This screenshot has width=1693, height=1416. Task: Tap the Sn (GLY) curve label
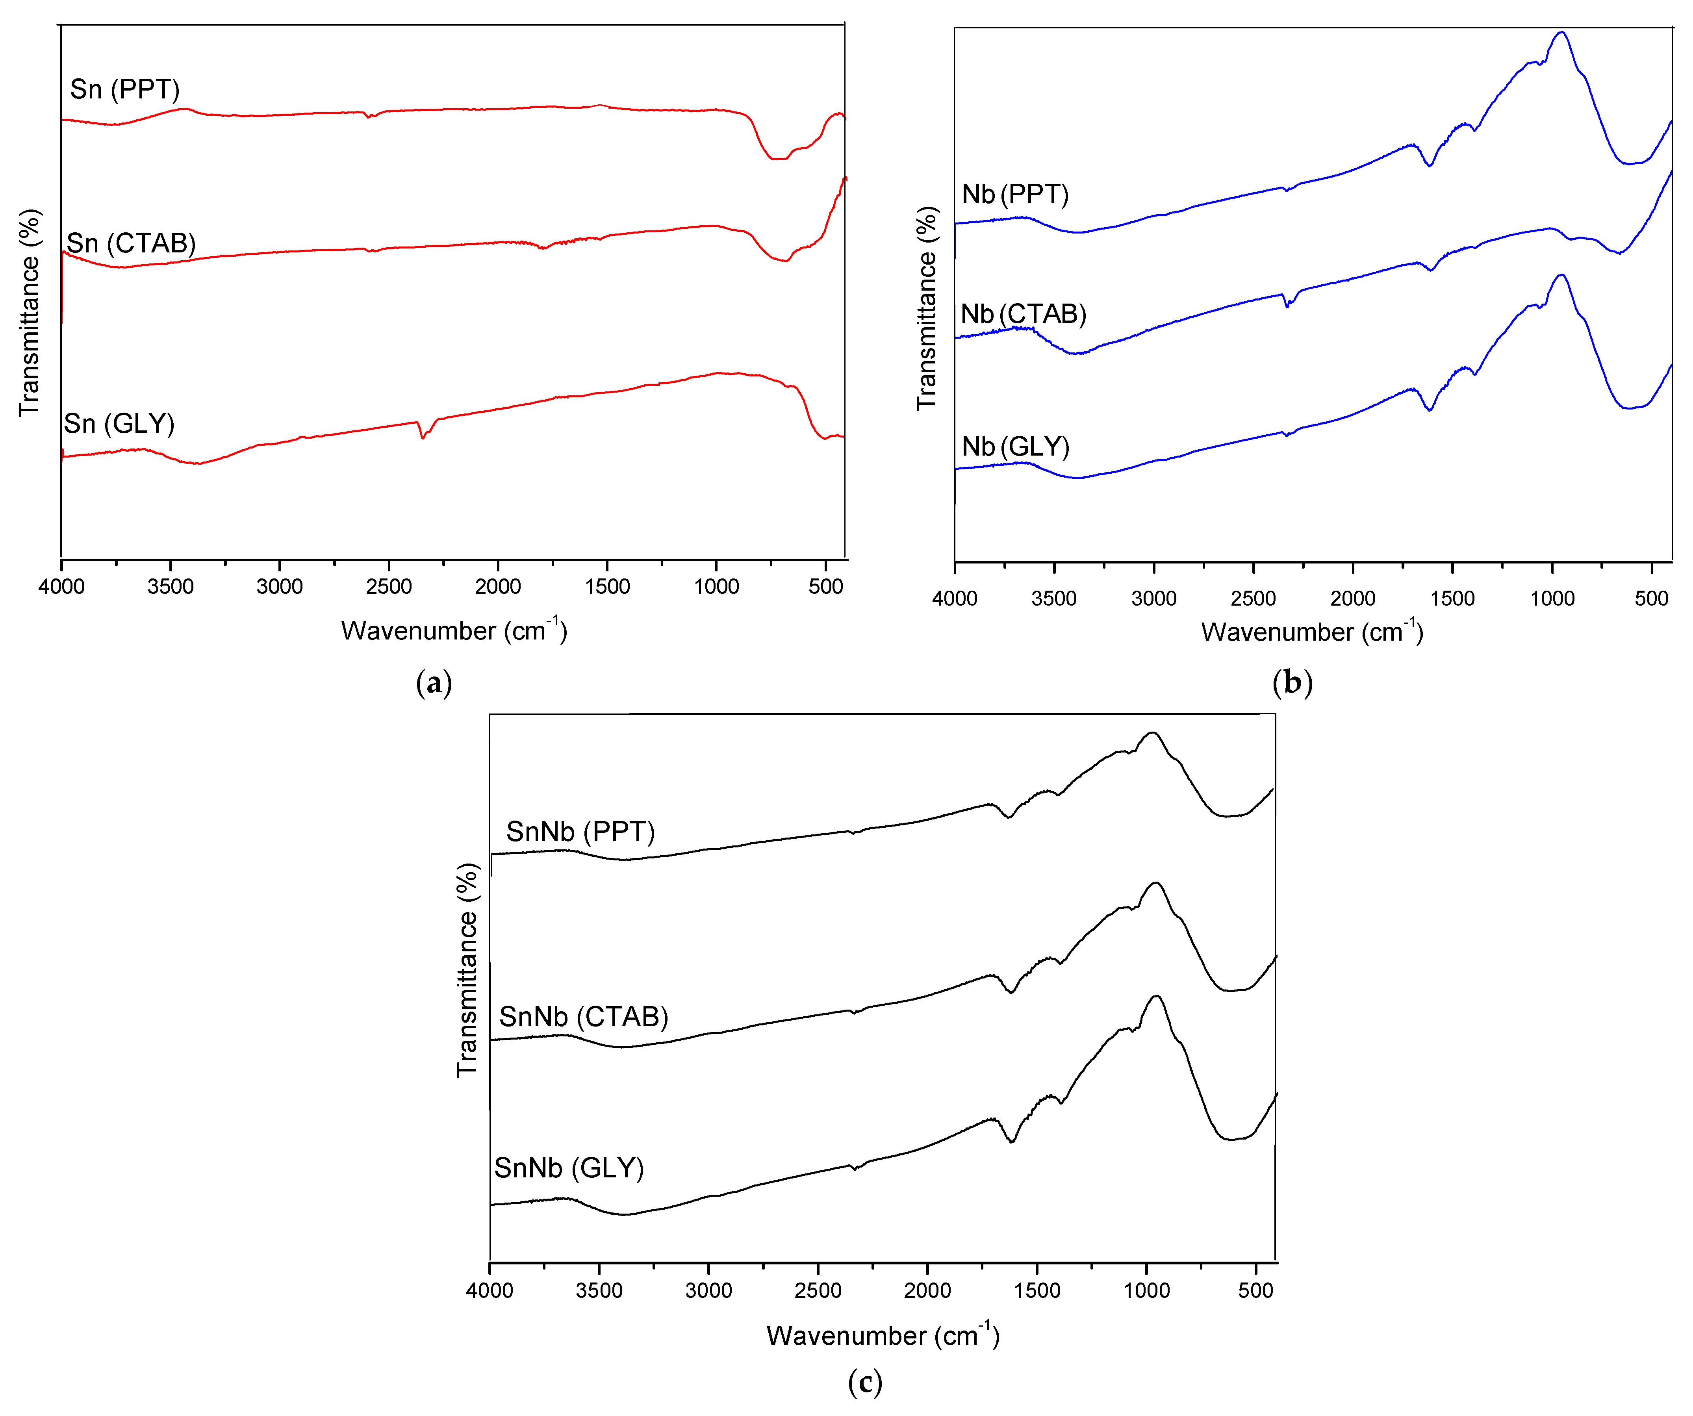tap(119, 424)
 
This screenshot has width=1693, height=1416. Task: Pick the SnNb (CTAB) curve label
tap(584, 1017)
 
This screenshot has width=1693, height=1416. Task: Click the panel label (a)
tap(434, 684)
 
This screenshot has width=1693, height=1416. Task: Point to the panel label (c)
tap(865, 1383)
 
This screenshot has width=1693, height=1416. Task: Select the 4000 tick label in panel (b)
tap(955, 599)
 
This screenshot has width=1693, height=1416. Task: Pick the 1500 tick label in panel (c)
tap(1037, 1290)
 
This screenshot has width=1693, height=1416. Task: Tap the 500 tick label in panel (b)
tap(1651, 599)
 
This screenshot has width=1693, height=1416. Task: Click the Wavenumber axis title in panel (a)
tap(454, 630)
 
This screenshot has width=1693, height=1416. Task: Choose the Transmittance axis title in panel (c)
tap(467, 969)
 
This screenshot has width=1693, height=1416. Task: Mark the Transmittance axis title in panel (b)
tap(927, 308)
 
